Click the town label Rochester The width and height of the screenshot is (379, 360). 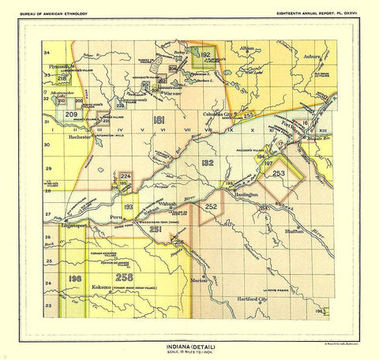pyautogui.click(x=81, y=136)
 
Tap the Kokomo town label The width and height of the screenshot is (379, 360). pyautogui.click(x=99, y=289)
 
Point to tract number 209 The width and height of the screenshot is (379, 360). pyautogui.click(x=70, y=115)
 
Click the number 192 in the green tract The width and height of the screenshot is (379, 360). pyautogui.click(x=205, y=54)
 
